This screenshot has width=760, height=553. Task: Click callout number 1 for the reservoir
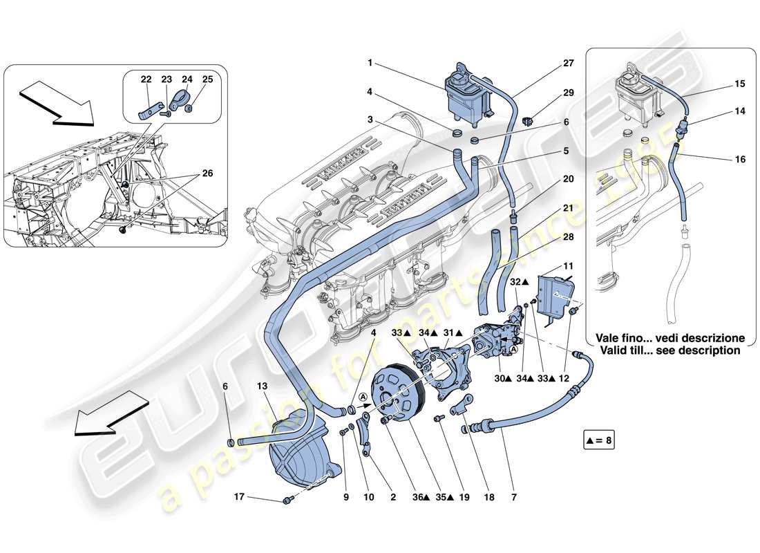[371, 63]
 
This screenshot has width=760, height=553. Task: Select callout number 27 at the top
[568, 63]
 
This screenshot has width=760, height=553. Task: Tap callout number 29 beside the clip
[568, 92]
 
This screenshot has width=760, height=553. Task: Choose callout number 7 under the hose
[515, 496]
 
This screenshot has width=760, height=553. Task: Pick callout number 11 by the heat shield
[568, 265]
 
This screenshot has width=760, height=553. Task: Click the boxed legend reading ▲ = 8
[598, 440]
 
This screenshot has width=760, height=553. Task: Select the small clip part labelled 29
[530, 120]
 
